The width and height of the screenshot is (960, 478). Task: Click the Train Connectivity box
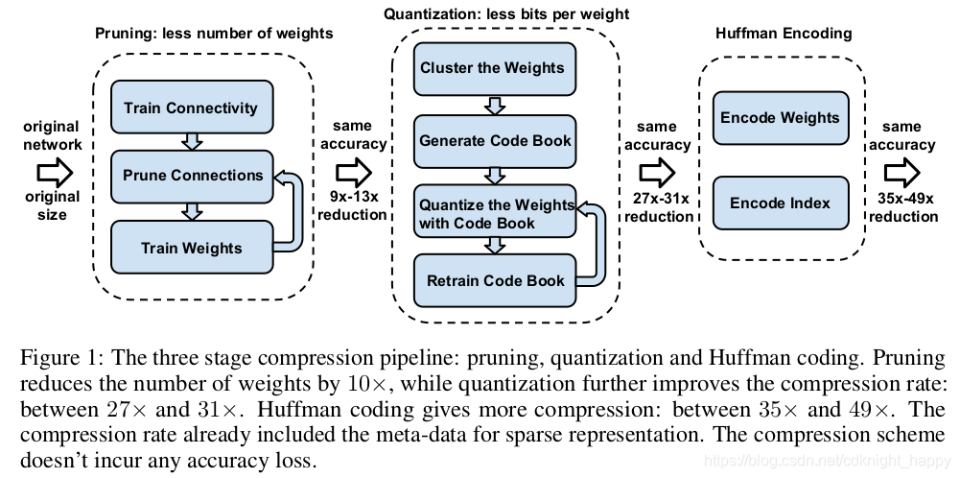pos(192,107)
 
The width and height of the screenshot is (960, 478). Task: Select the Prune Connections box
pos(192,177)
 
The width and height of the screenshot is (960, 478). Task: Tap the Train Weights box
pos(192,247)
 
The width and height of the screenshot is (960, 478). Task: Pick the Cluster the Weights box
pos(495,69)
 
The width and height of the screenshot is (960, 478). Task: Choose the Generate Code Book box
pos(495,141)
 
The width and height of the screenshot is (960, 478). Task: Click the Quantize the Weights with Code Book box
pos(495,211)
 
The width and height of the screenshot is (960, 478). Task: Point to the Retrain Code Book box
pos(495,280)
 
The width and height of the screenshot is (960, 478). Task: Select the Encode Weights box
pos(781,118)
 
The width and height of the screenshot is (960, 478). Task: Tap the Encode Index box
pos(781,203)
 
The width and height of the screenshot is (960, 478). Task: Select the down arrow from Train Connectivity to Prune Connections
pos(192,141)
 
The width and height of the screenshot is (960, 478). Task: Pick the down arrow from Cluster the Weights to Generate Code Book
pos(495,106)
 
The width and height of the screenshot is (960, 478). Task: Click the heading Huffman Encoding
pos(784,33)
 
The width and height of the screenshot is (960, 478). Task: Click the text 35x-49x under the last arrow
pos(903,198)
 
